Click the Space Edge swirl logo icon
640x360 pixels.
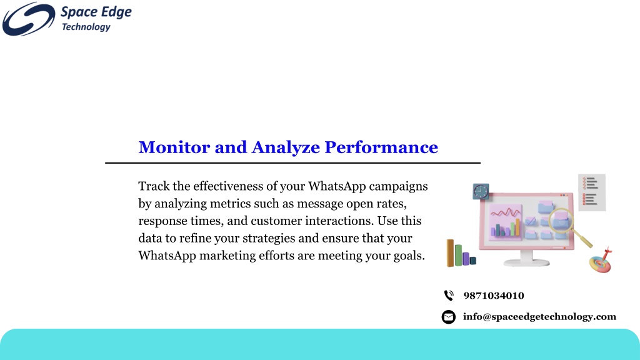click(x=29, y=19)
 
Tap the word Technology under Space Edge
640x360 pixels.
click(x=86, y=27)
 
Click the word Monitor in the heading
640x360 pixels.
click(x=174, y=147)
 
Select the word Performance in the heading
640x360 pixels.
click(x=381, y=147)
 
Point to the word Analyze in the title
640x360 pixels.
click(x=286, y=148)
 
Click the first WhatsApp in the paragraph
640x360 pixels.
click(x=337, y=186)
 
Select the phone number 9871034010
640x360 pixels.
click(x=494, y=296)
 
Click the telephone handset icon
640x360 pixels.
click(x=449, y=295)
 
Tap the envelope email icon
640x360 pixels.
click(x=449, y=317)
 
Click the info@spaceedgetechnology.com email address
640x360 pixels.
click(x=539, y=317)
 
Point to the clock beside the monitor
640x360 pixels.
click(x=481, y=191)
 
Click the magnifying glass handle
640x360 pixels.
click(x=582, y=238)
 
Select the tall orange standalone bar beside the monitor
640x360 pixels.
click(x=450, y=252)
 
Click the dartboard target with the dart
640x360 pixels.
click(x=601, y=262)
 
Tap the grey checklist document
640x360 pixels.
click(x=592, y=192)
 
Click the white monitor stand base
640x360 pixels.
click(x=526, y=262)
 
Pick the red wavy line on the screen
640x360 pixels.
click(x=505, y=212)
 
